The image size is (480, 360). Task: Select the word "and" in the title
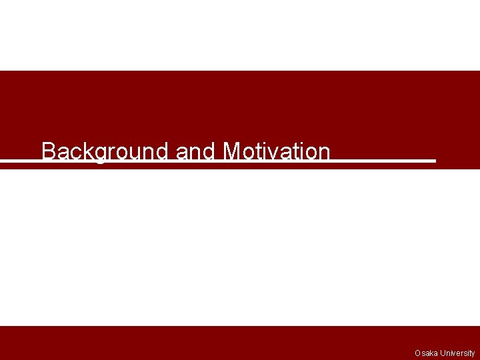(195, 151)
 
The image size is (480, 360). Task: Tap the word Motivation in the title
(277, 151)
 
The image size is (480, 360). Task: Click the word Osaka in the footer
(425, 353)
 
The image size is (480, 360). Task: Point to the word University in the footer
(457, 353)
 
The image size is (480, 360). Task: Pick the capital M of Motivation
(232, 151)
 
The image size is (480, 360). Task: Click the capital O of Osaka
(417, 353)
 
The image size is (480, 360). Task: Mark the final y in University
(473, 354)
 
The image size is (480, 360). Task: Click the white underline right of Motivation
(383, 161)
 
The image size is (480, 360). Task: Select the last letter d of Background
(161, 151)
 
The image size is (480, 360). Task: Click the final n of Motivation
(324, 153)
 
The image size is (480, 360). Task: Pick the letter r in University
(462, 353)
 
